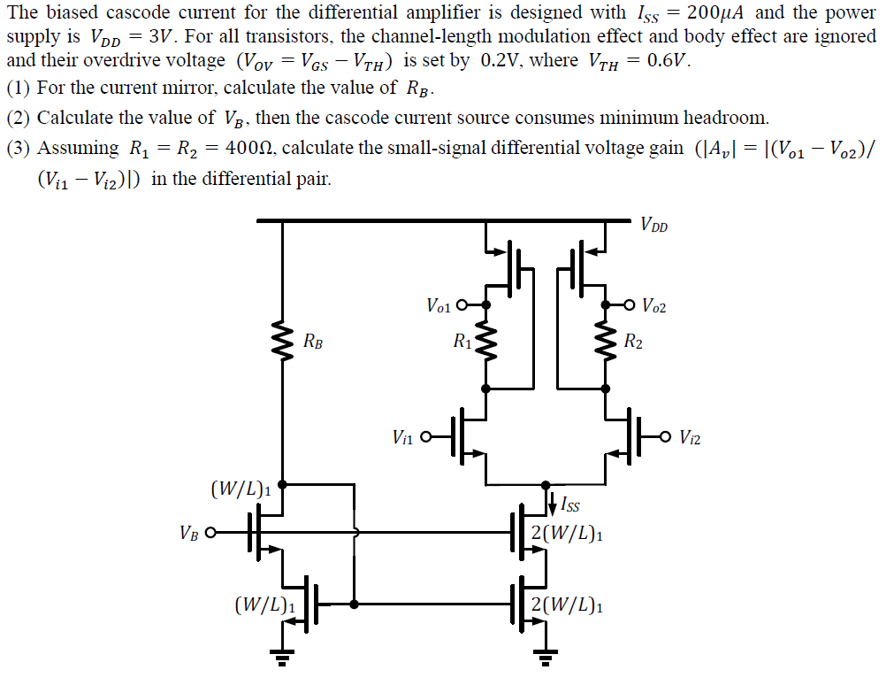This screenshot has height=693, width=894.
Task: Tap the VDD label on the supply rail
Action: tap(655, 226)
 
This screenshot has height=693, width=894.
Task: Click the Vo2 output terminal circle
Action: tap(630, 305)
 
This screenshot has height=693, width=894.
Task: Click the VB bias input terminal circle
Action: tap(210, 534)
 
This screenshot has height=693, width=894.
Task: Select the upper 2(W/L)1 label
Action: tap(568, 534)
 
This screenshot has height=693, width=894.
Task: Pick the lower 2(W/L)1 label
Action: tap(568, 606)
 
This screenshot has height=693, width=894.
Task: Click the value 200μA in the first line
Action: tap(715, 13)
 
